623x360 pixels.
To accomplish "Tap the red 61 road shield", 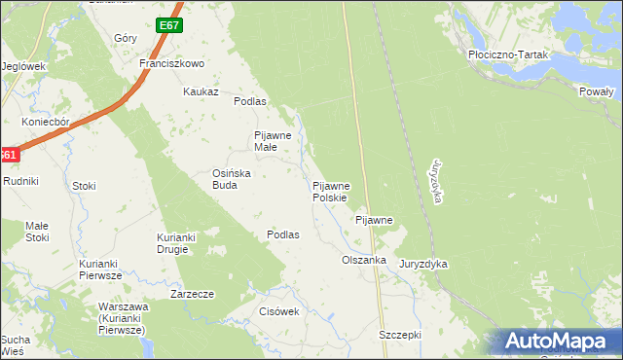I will click(8, 155).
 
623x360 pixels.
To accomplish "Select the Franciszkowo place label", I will click(170, 63).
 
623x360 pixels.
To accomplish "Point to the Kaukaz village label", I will click(199, 91).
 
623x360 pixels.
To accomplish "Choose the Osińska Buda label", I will click(233, 179).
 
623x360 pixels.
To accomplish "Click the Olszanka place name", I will click(364, 261).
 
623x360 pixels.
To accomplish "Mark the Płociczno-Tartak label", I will click(508, 55).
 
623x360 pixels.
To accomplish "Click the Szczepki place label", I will click(399, 334).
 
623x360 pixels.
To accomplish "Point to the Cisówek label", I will click(278, 311).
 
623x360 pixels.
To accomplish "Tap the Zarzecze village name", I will click(192, 293).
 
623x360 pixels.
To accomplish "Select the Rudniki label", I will click(19, 181).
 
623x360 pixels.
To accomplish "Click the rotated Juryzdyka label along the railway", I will click(438, 180).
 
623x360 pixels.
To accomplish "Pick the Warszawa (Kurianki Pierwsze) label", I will click(123, 318).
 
